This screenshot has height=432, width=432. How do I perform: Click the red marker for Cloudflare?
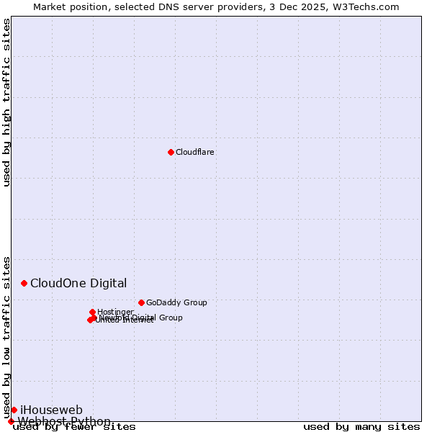click(x=171, y=152)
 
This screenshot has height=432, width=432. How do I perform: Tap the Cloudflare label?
click(x=195, y=153)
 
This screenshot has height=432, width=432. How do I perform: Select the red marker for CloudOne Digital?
click(x=24, y=284)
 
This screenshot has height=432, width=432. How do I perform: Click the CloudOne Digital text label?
click(x=78, y=284)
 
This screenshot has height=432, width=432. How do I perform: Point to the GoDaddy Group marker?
click(x=141, y=302)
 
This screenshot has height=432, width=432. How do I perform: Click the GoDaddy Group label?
click(x=176, y=303)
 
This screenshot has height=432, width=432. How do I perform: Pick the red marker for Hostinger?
click(x=93, y=312)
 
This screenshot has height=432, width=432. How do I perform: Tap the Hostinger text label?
click(x=116, y=312)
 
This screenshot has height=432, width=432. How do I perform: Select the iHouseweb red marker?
click(x=14, y=410)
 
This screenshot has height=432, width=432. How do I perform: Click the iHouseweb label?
click(x=51, y=410)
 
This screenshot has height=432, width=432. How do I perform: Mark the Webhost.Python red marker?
click(x=11, y=421)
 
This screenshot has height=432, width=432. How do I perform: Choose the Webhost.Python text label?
click(x=65, y=421)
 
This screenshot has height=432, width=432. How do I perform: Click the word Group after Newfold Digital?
click(x=171, y=318)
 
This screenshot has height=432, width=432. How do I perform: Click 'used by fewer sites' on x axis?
click(x=74, y=427)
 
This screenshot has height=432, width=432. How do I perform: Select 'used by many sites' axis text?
click(x=361, y=427)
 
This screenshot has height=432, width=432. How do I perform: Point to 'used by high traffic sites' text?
click(x=7, y=102)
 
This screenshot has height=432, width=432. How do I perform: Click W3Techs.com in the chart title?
click(x=372, y=6)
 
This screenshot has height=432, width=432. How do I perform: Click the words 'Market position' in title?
click(x=69, y=6)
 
